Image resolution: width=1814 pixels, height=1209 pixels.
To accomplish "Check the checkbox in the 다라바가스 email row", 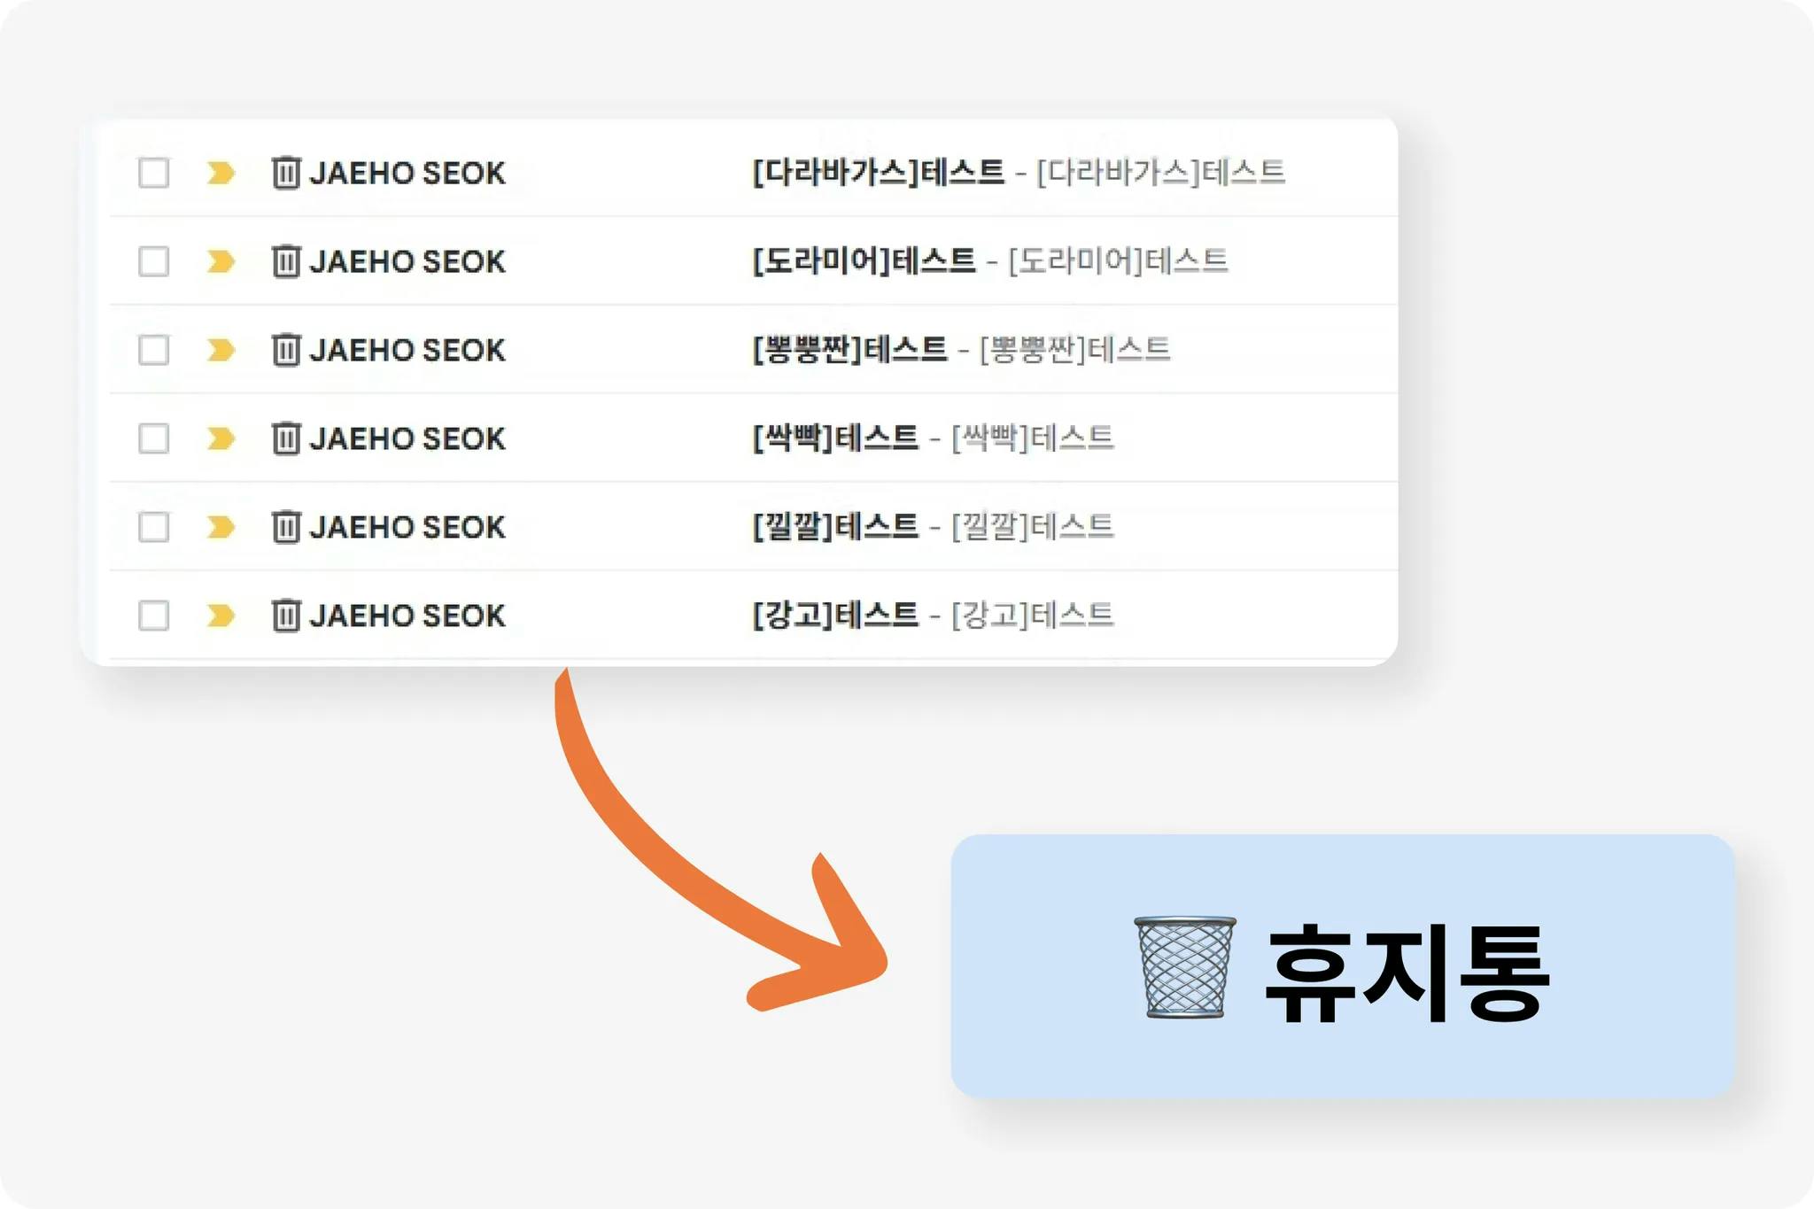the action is coord(154,173).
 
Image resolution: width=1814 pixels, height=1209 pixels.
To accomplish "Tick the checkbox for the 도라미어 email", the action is coord(154,261).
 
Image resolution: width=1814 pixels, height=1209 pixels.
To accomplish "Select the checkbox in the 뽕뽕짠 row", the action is coord(154,350).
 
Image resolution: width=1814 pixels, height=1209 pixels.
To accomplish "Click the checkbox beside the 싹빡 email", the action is coord(154,438).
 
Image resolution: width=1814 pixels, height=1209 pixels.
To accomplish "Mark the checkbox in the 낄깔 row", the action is coord(154,527).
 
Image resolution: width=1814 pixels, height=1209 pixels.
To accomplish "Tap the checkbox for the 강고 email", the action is coord(154,616).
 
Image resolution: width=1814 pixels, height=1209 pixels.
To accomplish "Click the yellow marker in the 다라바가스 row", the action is coord(221,173).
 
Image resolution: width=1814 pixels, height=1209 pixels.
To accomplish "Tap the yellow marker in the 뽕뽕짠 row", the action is coord(221,350).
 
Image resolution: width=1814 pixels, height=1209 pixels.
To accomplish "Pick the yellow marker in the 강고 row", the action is coord(221,616).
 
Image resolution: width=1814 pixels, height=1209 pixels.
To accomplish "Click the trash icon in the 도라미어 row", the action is coord(286,260).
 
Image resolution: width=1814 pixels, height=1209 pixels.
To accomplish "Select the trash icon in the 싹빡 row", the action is coord(286,438).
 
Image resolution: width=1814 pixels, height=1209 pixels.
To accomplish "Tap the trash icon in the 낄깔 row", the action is coord(286,526).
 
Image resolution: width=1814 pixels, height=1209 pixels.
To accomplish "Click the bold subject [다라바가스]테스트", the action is coord(879,172).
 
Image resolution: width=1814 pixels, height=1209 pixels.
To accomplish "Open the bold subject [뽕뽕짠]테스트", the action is coord(850,349).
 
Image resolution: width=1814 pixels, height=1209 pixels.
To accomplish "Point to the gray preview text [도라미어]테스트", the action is coord(1119,260).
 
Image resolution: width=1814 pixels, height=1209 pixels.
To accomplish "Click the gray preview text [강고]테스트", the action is coord(1033,615).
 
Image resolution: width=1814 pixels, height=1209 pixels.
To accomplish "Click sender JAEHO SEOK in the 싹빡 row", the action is coord(407,438).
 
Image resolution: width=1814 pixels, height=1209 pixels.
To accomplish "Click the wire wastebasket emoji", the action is coord(1185,967).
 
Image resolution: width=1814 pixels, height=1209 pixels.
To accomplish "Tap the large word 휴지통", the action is coord(1407,973).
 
